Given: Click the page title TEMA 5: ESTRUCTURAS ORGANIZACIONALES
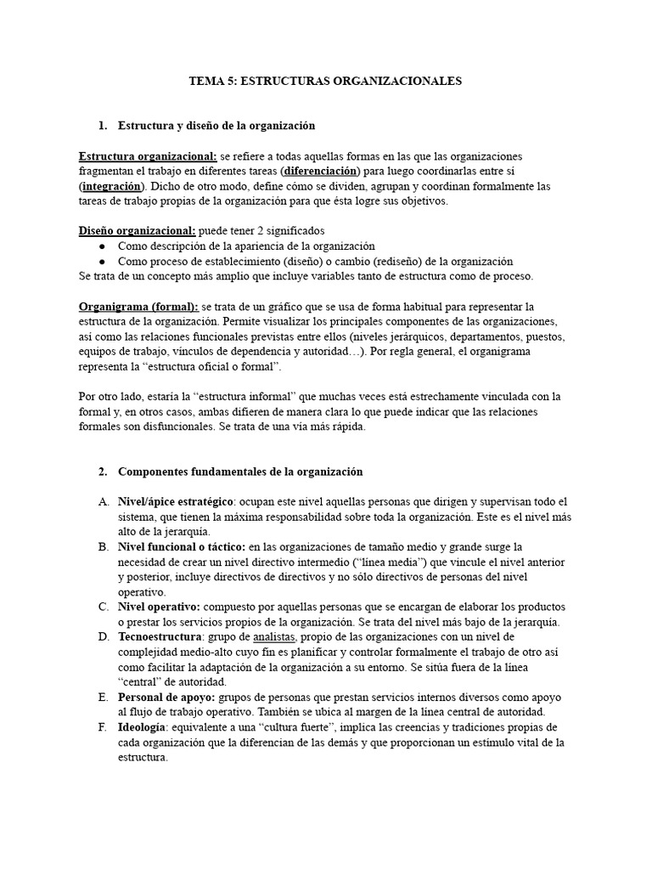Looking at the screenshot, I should [325, 81].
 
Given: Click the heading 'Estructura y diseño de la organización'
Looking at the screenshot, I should [216, 125].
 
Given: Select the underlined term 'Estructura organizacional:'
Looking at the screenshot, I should [148, 156].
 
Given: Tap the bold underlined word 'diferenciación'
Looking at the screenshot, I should [295, 171].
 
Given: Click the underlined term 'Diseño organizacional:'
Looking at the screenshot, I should [137, 230].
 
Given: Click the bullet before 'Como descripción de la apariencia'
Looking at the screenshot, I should [102, 246].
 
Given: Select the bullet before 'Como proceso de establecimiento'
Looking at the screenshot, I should [102, 261].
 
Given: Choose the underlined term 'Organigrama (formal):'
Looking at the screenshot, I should [138, 306].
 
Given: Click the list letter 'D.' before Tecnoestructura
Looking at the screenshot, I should [103, 637].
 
